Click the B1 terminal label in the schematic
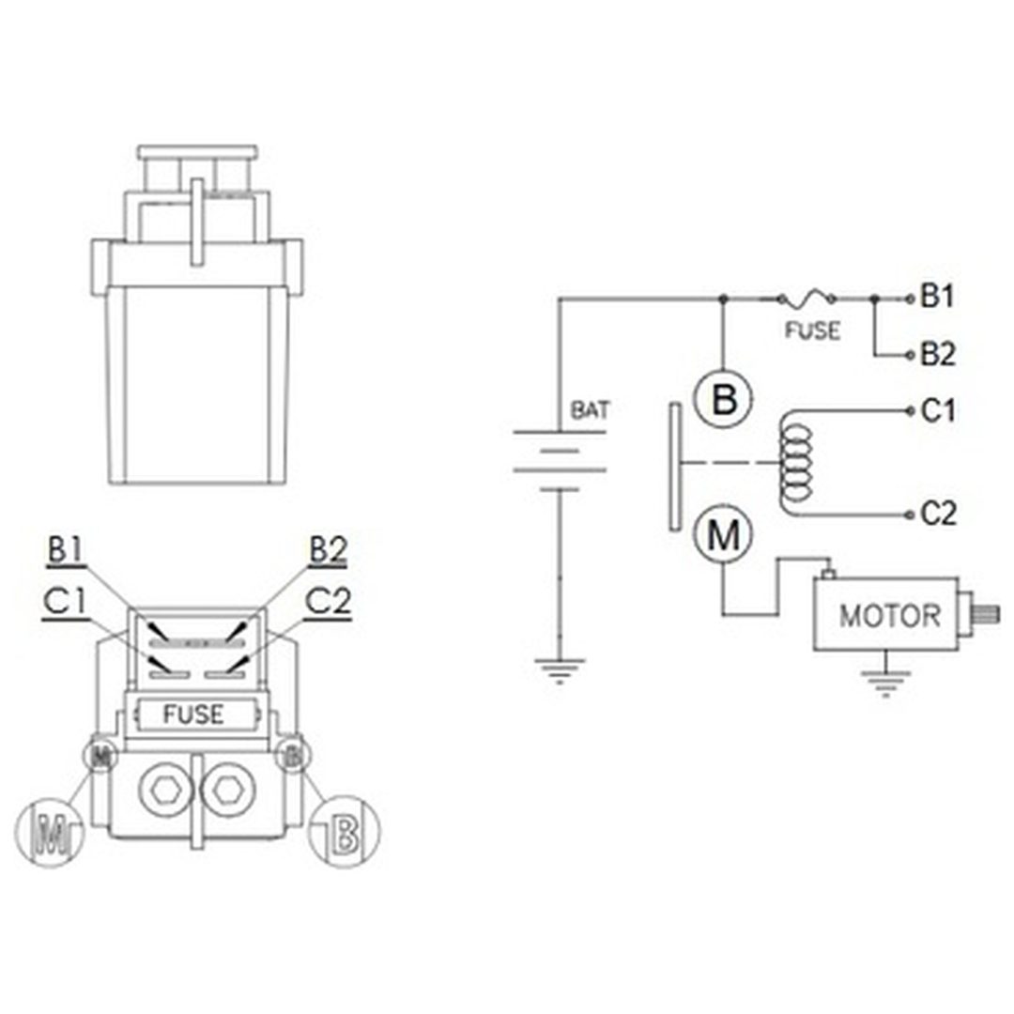pos(937,297)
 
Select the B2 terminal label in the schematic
pos(938,354)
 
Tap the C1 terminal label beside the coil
pos(938,410)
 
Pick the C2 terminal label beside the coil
pos(938,515)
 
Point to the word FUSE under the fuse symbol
pos(812,331)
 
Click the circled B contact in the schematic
pos(724,398)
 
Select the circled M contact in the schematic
pos(724,534)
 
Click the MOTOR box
pos(886,614)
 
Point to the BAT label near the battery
pos(590,410)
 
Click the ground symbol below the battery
pos(560,670)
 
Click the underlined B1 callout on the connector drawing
pos(66,552)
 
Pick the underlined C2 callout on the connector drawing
pos(328,604)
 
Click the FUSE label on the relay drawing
pos(193,714)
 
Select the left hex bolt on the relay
pos(165,790)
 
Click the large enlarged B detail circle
pos(344,832)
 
